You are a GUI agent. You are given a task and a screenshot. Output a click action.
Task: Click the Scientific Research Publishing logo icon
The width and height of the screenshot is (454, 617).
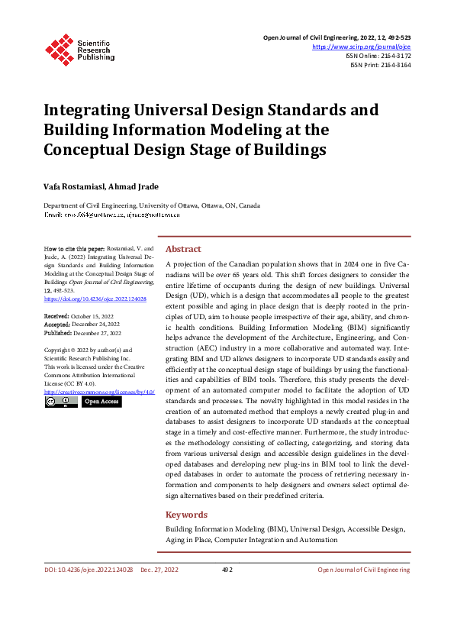point(58,48)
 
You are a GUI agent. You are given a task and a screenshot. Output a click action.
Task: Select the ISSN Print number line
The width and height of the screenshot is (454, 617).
point(381,65)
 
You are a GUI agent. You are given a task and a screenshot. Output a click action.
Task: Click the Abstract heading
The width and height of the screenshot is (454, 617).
point(183,249)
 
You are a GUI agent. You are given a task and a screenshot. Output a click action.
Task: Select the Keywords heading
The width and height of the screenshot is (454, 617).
point(187,515)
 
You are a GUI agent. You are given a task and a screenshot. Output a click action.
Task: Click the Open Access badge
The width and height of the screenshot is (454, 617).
point(101,401)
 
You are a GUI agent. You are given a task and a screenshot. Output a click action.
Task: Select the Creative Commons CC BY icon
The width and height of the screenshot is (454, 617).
point(60,401)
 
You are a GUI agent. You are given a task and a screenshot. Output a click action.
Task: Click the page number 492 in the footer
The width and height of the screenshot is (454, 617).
point(227,570)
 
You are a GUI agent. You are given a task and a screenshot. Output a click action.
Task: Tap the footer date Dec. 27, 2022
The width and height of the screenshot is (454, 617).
point(159,570)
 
